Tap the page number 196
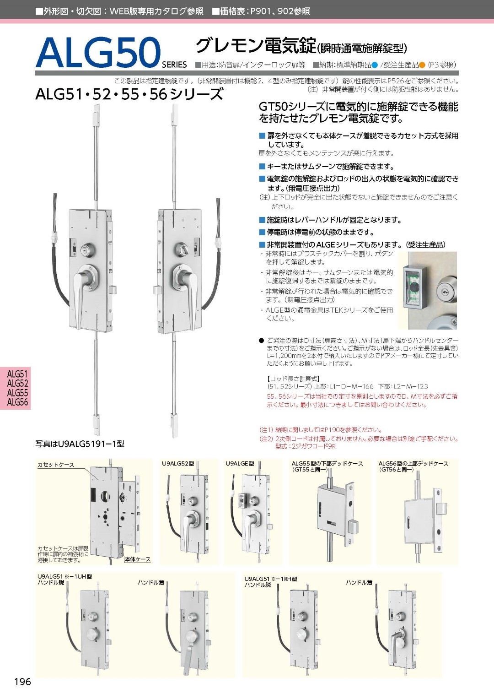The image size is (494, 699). (x=22, y=682)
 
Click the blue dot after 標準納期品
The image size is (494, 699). (x=375, y=65)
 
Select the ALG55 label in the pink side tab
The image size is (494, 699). (x=17, y=393)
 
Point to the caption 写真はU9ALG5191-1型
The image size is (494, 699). (x=80, y=444)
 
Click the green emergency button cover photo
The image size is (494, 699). (x=414, y=289)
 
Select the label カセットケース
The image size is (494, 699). (x=56, y=465)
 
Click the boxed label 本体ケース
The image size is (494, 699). (x=138, y=559)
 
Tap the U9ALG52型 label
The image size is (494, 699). (x=178, y=464)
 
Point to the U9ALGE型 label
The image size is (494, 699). (x=240, y=464)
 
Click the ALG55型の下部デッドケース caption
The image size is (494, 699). (x=327, y=464)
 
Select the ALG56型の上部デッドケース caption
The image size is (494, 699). (x=413, y=464)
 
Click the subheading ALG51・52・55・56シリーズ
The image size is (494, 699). (x=129, y=94)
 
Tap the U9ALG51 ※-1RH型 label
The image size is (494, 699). (x=270, y=579)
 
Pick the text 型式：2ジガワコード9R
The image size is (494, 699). (x=305, y=446)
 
